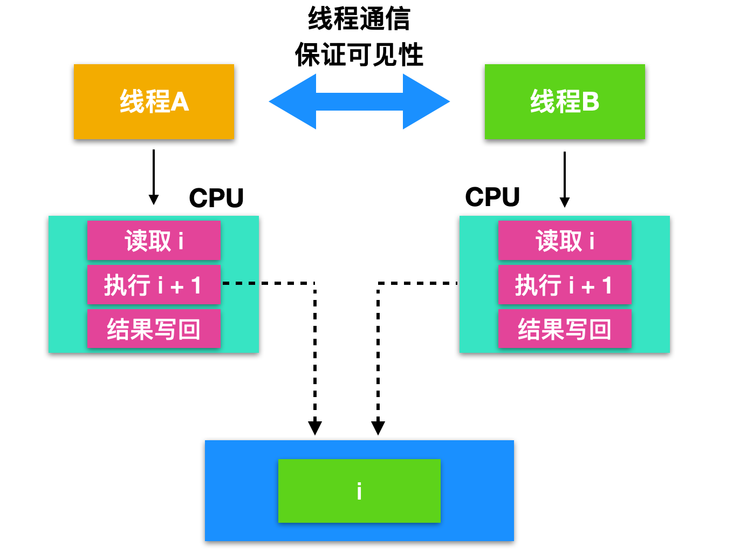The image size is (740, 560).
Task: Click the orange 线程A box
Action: tap(154, 101)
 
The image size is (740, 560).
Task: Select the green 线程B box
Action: tap(564, 101)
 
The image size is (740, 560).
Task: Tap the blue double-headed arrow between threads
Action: tap(359, 101)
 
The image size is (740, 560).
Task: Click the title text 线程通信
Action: tap(359, 19)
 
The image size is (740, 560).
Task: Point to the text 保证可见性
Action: tap(359, 55)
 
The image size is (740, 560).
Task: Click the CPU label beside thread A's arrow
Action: tap(216, 198)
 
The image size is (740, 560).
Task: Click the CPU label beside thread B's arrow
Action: tap(492, 197)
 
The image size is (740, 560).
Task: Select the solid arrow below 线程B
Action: tap(565, 179)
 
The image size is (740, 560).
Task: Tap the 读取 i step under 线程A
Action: tap(154, 241)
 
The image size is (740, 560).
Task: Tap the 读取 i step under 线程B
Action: tap(564, 241)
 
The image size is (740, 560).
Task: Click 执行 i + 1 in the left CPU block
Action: tap(154, 285)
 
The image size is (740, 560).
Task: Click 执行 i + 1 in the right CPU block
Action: tap(564, 285)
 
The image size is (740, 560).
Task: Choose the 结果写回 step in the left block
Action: tap(154, 329)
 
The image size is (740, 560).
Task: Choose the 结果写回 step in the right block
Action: tap(564, 329)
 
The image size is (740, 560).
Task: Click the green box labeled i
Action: tap(359, 491)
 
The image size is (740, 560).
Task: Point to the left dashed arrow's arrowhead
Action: tap(315, 427)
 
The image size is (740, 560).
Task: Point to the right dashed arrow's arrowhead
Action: tap(378, 427)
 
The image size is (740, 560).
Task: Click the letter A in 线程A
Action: tap(180, 101)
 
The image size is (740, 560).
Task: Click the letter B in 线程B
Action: tap(591, 101)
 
